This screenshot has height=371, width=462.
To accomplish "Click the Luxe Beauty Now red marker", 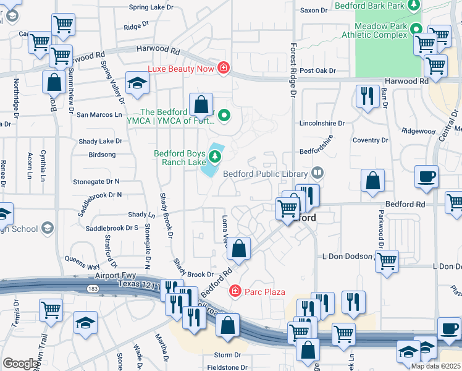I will (223, 68).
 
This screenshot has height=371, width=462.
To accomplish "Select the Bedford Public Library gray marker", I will (317, 172).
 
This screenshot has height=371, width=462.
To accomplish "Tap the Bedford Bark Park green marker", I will (416, 6).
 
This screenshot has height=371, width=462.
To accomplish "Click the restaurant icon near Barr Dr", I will (367, 95).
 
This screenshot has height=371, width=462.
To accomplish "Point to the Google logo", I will (21, 364).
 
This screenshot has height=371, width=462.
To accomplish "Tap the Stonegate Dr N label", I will (96, 181).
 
